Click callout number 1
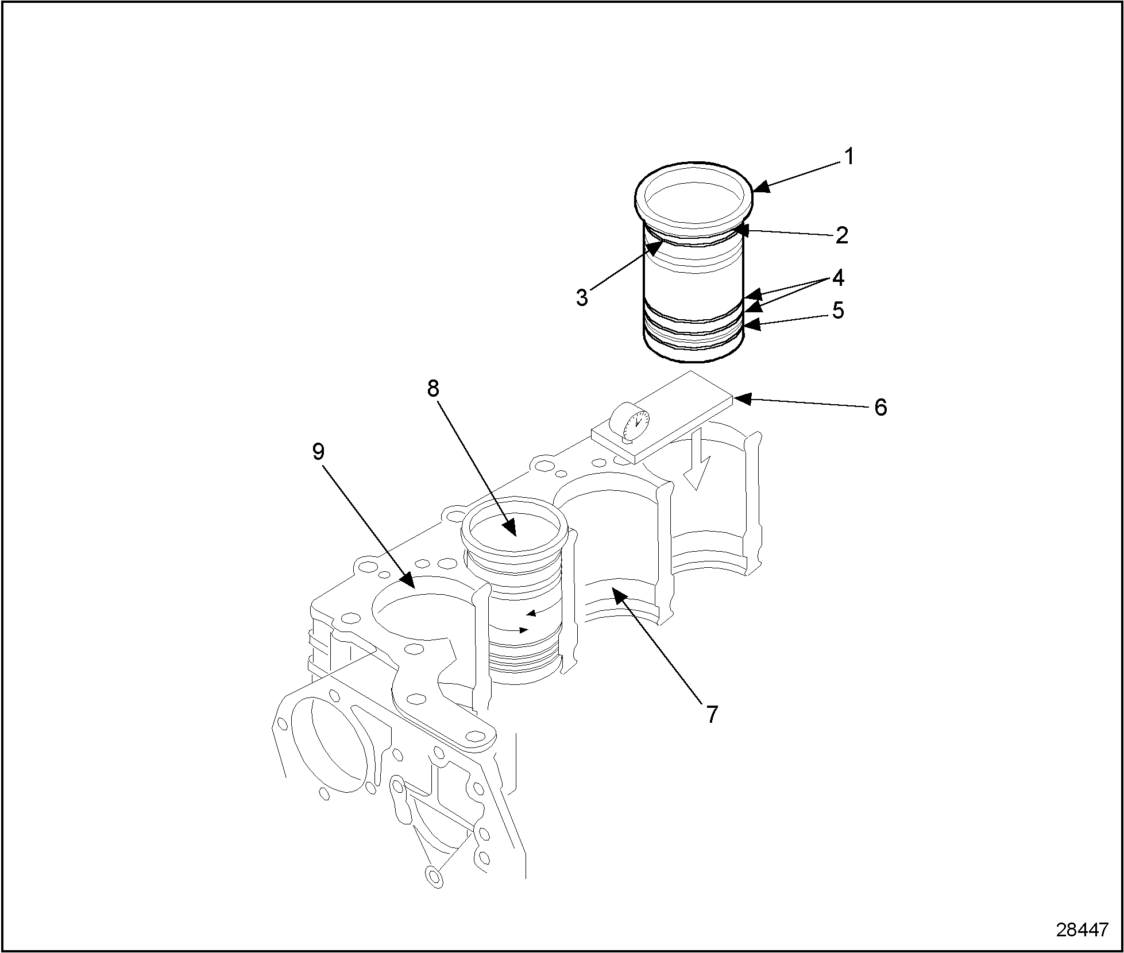click(x=848, y=156)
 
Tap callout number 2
click(x=841, y=235)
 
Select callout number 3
click(x=582, y=297)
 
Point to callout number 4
click(x=838, y=278)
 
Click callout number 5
click(x=838, y=311)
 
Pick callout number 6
click(x=880, y=407)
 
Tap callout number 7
click(x=712, y=714)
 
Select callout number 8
click(x=433, y=389)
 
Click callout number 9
click(x=318, y=452)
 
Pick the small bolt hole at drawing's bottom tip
click(x=434, y=890)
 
